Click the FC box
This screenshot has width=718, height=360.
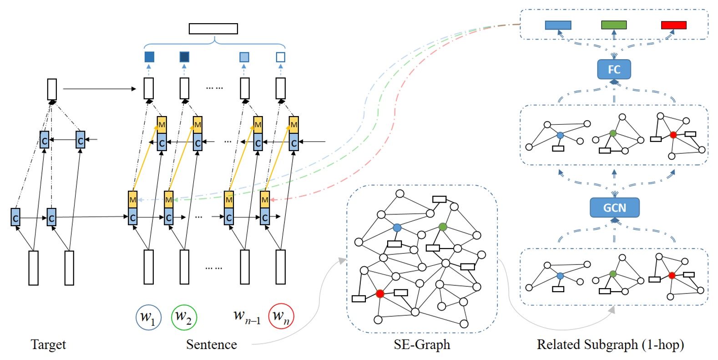[614, 70]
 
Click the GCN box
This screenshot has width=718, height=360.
[614, 208]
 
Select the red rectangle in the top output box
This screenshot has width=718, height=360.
[673, 25]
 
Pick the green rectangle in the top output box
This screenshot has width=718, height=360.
[613, 25]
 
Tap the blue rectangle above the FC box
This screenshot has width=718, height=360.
[558, 25]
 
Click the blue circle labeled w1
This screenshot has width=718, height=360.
[148, 317]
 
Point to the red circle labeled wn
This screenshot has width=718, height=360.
[281, 316]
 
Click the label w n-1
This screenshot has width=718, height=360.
[247, 316]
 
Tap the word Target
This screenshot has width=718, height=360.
[48, 345]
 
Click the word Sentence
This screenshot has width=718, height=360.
[211, 345]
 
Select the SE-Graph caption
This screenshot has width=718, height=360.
[422, 345]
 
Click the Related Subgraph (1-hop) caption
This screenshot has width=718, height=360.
[610, 345]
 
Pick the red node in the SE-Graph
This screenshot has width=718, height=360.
[380, 294]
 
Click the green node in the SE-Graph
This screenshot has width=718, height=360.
[443, 227]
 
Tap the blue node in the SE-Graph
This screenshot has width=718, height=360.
[397, 227]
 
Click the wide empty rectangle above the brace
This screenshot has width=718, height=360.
[213, 29]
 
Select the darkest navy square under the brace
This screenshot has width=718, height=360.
[184, 57]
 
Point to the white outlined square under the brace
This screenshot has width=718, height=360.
[281, 57]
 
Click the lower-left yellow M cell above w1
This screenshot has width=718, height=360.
[132, 199]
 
